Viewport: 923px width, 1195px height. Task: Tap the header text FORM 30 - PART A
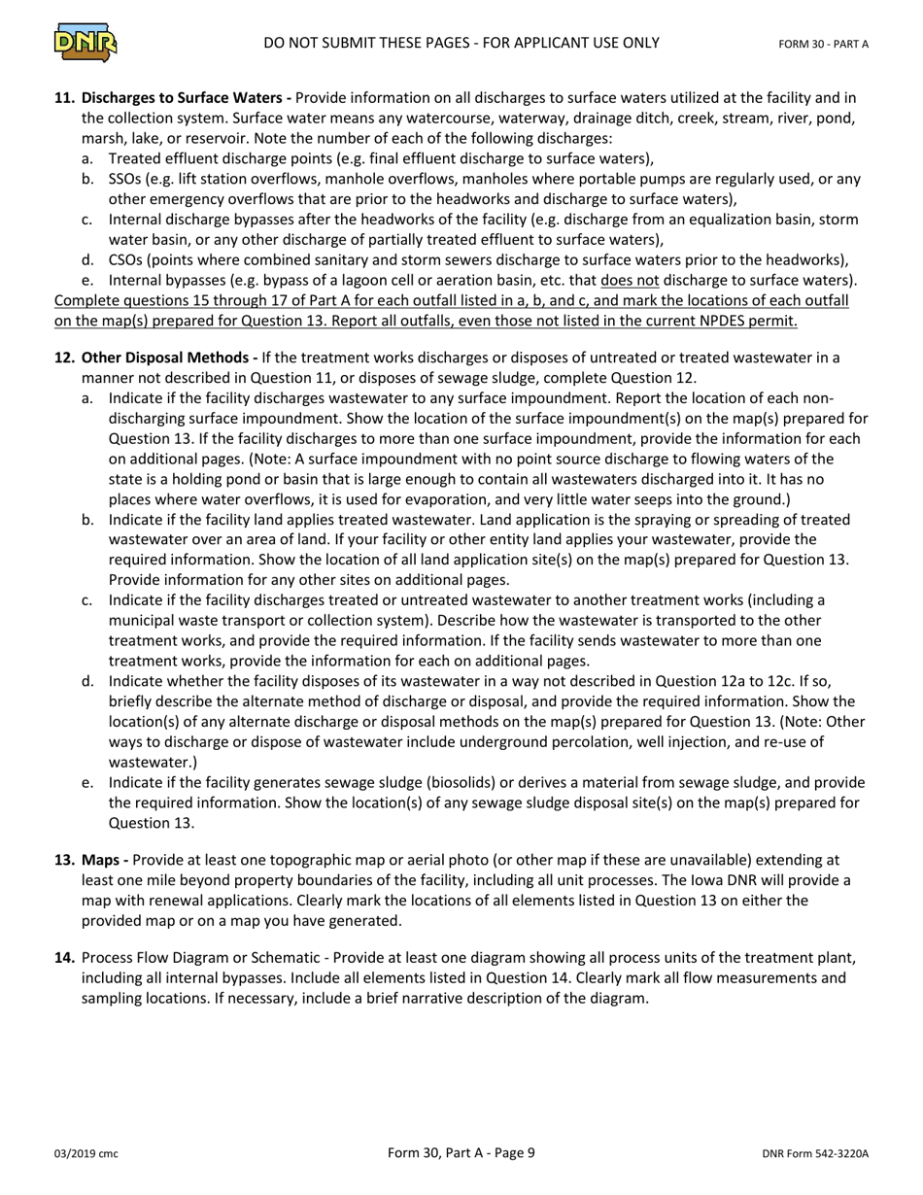[x=824, y=44]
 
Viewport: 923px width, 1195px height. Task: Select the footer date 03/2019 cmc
[x=85, y=1154]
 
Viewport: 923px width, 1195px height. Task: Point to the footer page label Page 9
[x=508, y=1153]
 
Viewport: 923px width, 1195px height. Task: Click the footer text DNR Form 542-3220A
[x=815, y=1154]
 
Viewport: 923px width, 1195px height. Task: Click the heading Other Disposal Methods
[x=166, y=358]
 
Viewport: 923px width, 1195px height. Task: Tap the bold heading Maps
[x=101, y=860]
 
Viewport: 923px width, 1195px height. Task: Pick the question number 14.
[x=64, y=958]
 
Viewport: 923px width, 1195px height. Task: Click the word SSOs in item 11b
[x=126, y=179]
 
